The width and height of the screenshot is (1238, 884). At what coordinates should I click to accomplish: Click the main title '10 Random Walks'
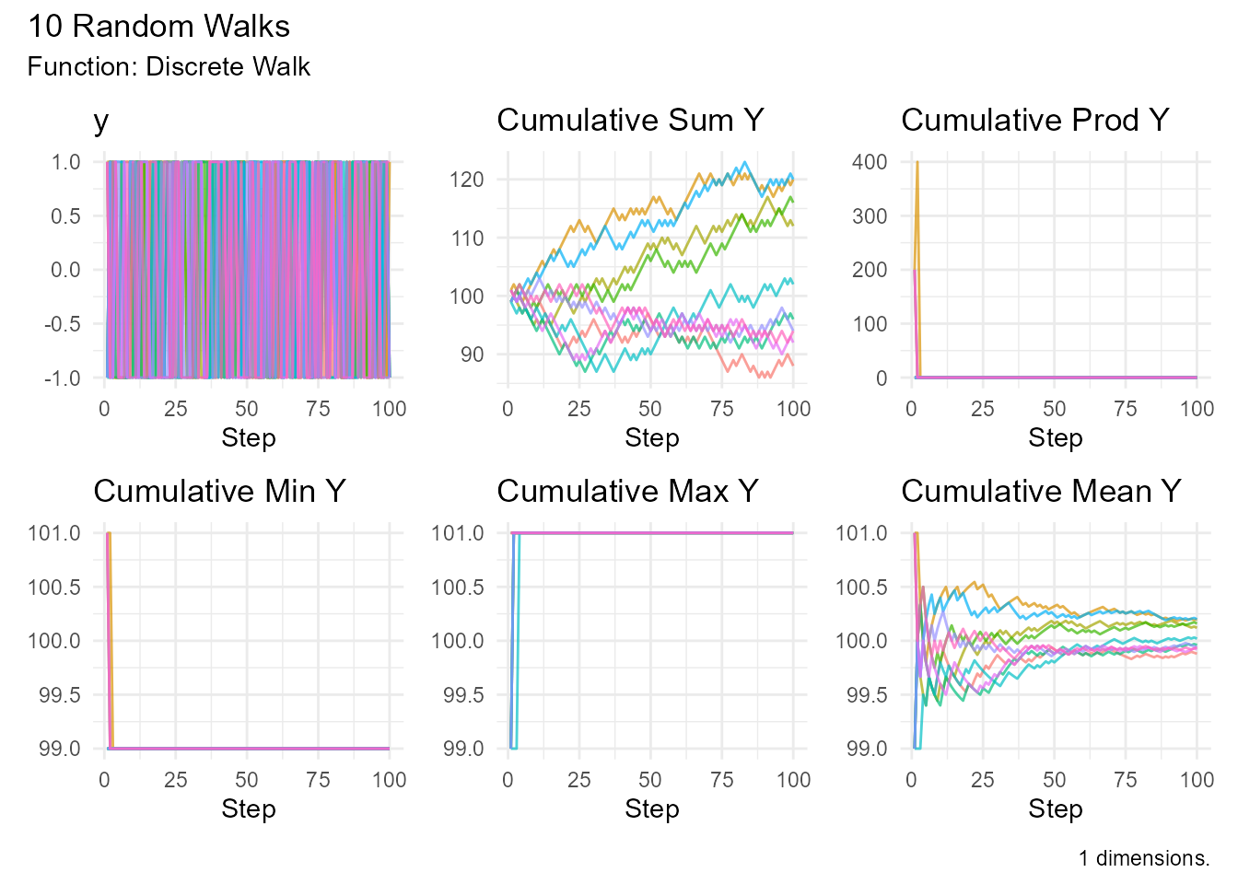coord(158,27)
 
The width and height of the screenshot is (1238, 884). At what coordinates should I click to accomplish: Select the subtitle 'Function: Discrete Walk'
coord(169,67)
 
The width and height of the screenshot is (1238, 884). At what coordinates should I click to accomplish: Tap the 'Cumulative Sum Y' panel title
coord(630,121)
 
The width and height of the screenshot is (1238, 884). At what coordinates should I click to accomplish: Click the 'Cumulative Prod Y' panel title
coord(1034,121)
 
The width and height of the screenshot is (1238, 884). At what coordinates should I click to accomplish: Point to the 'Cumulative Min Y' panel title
coord(219,492)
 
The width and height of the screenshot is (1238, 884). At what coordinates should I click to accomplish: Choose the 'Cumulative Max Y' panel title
coord(627,492)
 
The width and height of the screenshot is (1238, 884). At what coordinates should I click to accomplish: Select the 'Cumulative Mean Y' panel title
coord(1041,492)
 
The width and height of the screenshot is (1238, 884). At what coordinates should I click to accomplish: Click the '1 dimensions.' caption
coord(1144,858)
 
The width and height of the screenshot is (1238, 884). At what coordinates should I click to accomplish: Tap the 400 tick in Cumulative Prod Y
coord(870,162)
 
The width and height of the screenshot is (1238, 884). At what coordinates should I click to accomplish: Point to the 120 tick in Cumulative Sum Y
coord(467,180)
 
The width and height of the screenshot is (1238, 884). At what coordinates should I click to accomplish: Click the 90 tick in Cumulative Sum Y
coord(472,355)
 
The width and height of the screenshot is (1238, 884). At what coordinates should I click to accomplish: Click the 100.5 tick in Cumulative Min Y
coord(54,587)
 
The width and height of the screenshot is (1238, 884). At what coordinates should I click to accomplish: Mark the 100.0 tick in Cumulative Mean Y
coord(862,641)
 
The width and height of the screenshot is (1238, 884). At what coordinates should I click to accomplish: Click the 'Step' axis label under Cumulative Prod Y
coord(1055,438)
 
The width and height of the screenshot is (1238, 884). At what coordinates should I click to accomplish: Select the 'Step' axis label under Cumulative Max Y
coord(651,809)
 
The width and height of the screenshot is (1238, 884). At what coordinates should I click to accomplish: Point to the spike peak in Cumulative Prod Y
coord(917,162)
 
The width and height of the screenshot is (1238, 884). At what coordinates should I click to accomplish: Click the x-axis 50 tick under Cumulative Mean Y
coord(1054,780)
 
